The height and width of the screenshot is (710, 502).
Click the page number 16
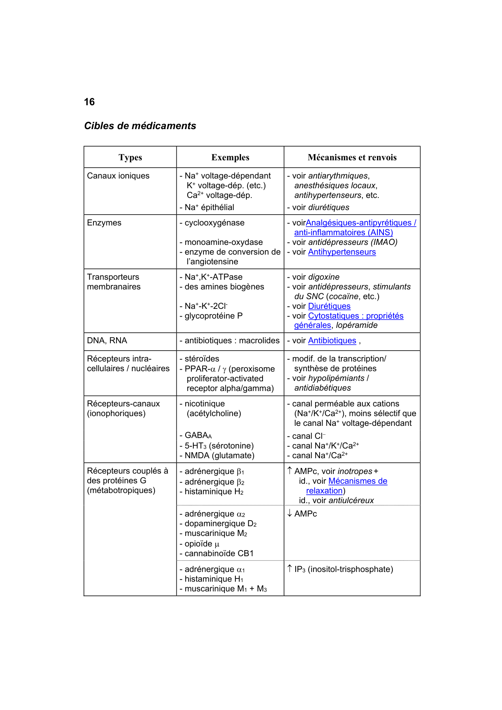point(89,102)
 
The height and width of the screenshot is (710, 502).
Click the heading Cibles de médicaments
point(140,126)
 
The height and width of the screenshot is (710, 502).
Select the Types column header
point(130,157)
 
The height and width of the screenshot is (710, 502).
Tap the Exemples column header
point(230,157)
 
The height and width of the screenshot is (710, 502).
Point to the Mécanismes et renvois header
point(352,157)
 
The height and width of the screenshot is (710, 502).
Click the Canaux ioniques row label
point(118,176)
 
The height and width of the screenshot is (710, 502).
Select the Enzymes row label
point(104,223)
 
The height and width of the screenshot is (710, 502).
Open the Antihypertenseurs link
point(342,252)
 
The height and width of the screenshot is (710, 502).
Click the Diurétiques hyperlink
point(329,306)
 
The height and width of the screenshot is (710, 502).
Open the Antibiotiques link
point(332,340)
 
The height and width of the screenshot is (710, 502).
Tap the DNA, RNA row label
point(107,340)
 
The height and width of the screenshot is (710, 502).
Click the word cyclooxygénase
point(214,223)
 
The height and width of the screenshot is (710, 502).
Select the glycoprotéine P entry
point(214,316)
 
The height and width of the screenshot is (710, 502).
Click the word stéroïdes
point(202,359)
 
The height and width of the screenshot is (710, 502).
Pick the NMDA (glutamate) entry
point(219,455)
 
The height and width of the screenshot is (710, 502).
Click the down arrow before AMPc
point(290,513)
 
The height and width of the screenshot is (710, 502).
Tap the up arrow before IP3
point(290,569)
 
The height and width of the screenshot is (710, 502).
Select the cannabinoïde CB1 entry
point(219,553)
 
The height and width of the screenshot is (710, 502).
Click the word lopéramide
point(357,325)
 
